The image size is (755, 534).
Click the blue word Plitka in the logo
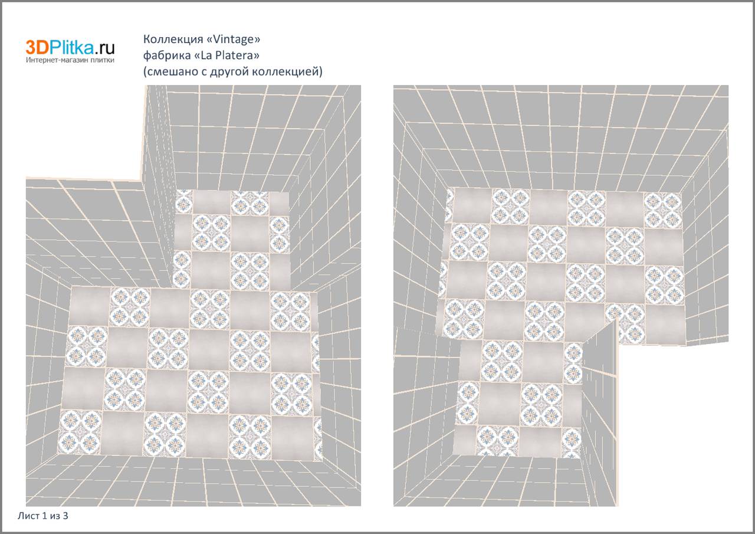point(72,47)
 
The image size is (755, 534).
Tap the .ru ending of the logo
point(104,49)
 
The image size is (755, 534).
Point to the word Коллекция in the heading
point(172,40)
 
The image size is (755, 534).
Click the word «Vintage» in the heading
point(232,39)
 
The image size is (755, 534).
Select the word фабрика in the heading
point(167,55)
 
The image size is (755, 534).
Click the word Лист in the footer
point(28,516)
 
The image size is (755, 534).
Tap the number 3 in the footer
point(65,516)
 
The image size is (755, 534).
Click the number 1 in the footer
point(44,516)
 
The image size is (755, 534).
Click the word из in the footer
point(55,516)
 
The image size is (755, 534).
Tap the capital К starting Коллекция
point(147,40)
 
